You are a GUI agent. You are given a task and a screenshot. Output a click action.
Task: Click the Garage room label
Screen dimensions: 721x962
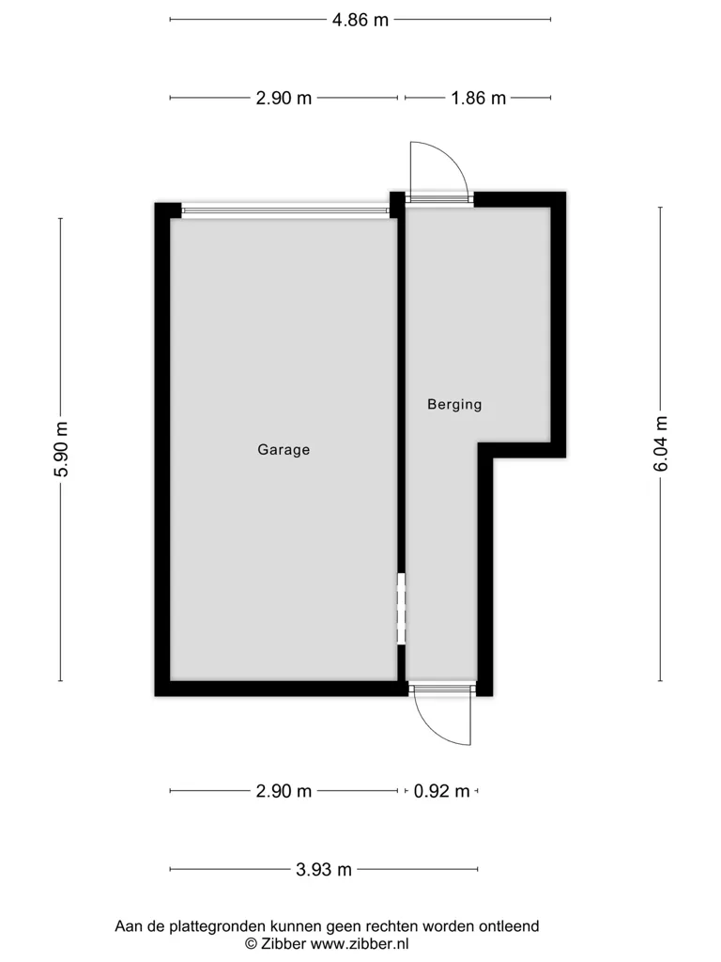pyautogui.click(x=284, y=450)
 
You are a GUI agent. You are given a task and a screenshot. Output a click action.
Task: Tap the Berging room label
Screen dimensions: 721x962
pyautogui.click(x=454, y=404)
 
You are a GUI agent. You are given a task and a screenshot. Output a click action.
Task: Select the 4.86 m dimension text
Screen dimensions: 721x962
pyautogui.click(x=360, y=21)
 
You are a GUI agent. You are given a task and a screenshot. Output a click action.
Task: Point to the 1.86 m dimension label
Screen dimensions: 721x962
pyautogui.click(x=478, y=98)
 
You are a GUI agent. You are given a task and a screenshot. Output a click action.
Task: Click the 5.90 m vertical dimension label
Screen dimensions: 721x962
pyautogui.click(x=62, y=450)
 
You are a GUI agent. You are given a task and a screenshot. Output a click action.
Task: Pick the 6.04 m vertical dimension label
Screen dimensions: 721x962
pyautogui.click(x=660, y=443)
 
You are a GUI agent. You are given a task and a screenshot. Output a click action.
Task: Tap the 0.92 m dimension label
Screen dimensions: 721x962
pyautogui.click(x=441, y=791)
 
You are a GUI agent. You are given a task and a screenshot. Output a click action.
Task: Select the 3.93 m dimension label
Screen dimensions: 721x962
pyautogui.click(x=324, y=869)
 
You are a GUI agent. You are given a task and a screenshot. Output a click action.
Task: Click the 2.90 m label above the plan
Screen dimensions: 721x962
pyautogui.click(x=284, y=98)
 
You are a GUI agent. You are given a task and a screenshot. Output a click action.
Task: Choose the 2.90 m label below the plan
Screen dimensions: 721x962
pyautogui.click(x=284, y=791)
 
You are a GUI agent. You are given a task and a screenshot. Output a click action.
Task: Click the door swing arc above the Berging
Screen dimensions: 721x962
pyautogui.click(x=453, y=156)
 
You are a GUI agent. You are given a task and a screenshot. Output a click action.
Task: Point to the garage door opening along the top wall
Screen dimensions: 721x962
pyautogui.click(x=285, y=211)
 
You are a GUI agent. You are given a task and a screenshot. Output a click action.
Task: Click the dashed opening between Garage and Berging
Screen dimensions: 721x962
pyautogui.click(x=402, y=609)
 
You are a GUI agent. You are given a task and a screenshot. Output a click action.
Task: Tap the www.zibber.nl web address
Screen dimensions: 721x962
pyautogui.click(x=360, y=944)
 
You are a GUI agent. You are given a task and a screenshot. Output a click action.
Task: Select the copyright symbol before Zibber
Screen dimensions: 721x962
pyautogui.click(x=251, y=944)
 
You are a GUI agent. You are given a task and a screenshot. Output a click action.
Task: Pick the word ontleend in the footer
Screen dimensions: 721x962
pyautogui.click(x=509, y=926)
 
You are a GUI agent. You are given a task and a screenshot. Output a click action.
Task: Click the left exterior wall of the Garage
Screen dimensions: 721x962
pyautogui.click(x=161, y=450)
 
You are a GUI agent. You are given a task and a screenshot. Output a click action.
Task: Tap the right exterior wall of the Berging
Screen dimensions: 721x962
pyautogui.click(x=558, y=325)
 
